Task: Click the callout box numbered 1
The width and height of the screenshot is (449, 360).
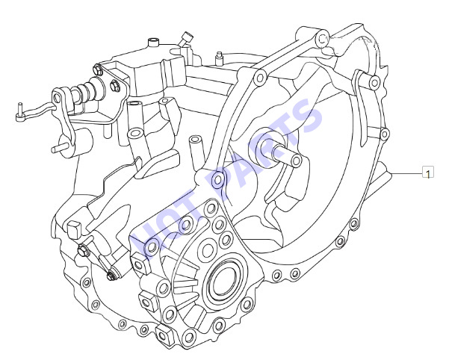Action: (428, 172)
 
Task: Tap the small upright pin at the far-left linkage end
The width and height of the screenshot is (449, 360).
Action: (19, 112)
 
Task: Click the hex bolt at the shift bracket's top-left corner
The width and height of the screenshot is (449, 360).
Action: (97, 70)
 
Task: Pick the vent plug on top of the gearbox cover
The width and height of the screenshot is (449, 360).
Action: (153, 42)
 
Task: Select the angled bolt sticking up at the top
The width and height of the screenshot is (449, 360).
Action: (185, 39)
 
